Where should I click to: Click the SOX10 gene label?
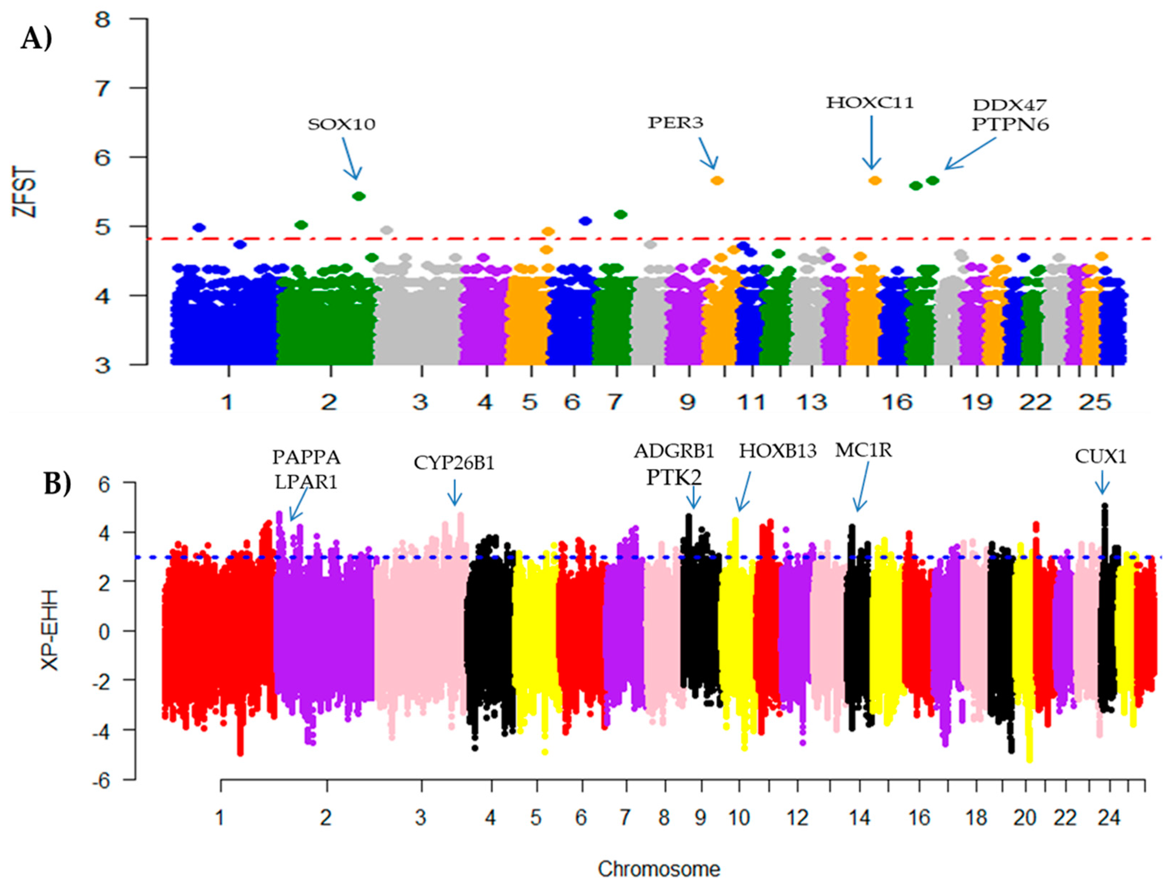pos(342,124)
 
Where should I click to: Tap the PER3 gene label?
pos(675,123)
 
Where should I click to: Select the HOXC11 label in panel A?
pos(870,103)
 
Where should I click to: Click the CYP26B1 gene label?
pos(454,463)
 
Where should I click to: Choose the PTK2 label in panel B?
pos(674,478)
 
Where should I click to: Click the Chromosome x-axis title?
pos(659,869)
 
